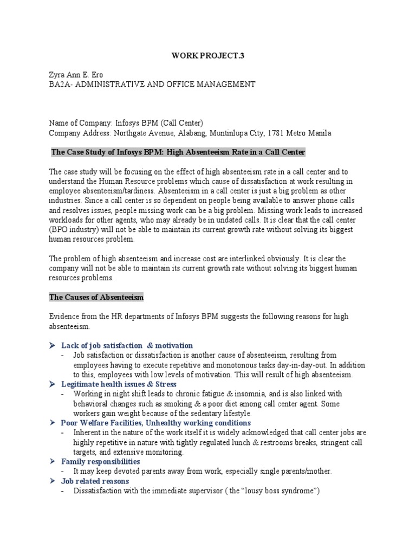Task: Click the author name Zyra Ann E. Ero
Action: click(75, 74)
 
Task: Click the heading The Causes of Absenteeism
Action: click(96, 298)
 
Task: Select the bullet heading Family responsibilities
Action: click(100, 461)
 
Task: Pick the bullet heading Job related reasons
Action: click(95, 481)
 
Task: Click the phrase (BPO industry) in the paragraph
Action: click(77, 230)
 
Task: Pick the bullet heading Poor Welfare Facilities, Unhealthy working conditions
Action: click(156, 423)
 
